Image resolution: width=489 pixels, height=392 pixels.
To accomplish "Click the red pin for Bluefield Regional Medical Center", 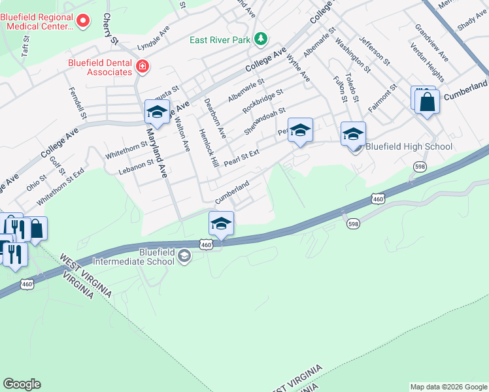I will point(83,21).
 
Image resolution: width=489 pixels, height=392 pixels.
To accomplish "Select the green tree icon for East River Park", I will point(261,39).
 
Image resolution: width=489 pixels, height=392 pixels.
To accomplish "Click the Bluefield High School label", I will point(409,146).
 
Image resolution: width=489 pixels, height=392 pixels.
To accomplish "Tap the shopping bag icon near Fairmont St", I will point(428,103).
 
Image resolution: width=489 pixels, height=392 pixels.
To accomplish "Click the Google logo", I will point(22,384).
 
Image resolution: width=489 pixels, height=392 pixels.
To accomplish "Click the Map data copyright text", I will point(448,387).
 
